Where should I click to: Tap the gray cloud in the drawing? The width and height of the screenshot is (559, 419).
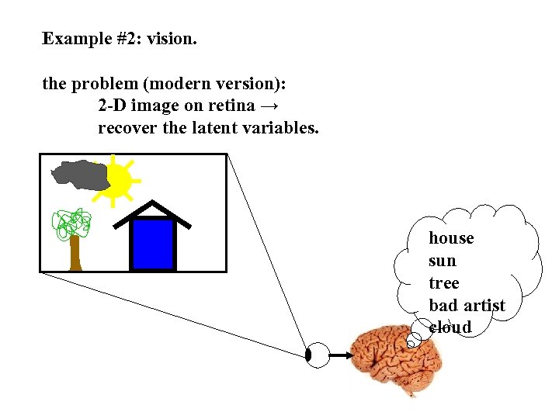pos(78,175)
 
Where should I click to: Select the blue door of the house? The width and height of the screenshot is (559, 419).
pos(153,244)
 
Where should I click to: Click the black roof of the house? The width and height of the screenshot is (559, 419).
pos(153,210)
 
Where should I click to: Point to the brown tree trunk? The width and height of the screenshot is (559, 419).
pos(75,252)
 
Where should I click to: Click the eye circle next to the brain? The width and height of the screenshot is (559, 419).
pos(317,355)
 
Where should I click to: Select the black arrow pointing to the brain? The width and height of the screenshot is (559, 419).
pos(340,355)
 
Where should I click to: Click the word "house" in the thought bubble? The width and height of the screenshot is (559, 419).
pos(451,238)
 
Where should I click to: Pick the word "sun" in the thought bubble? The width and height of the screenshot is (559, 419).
pos(443,261)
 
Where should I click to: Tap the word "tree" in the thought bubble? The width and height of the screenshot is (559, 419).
pos(443,283)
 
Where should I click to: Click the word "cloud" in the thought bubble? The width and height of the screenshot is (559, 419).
pos(450,327)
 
